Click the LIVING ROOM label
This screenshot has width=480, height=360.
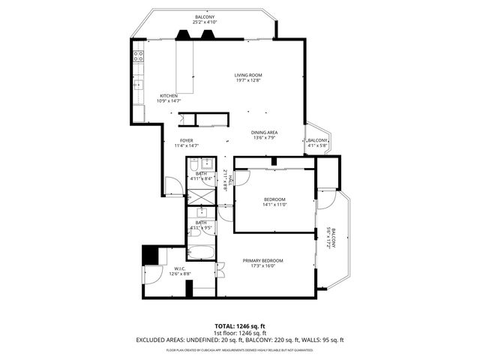click(247, 75)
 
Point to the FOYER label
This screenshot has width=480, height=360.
click(185, 140)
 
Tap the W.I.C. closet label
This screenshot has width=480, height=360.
click(180, 268)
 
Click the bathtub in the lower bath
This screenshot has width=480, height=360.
click(201, 252)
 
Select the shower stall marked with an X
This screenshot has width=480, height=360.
click(200, 194)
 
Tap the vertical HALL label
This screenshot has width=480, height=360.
click(226, 180)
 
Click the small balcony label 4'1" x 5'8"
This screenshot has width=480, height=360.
click(318, 143)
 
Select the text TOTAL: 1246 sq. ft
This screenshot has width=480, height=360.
click(240, 325)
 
